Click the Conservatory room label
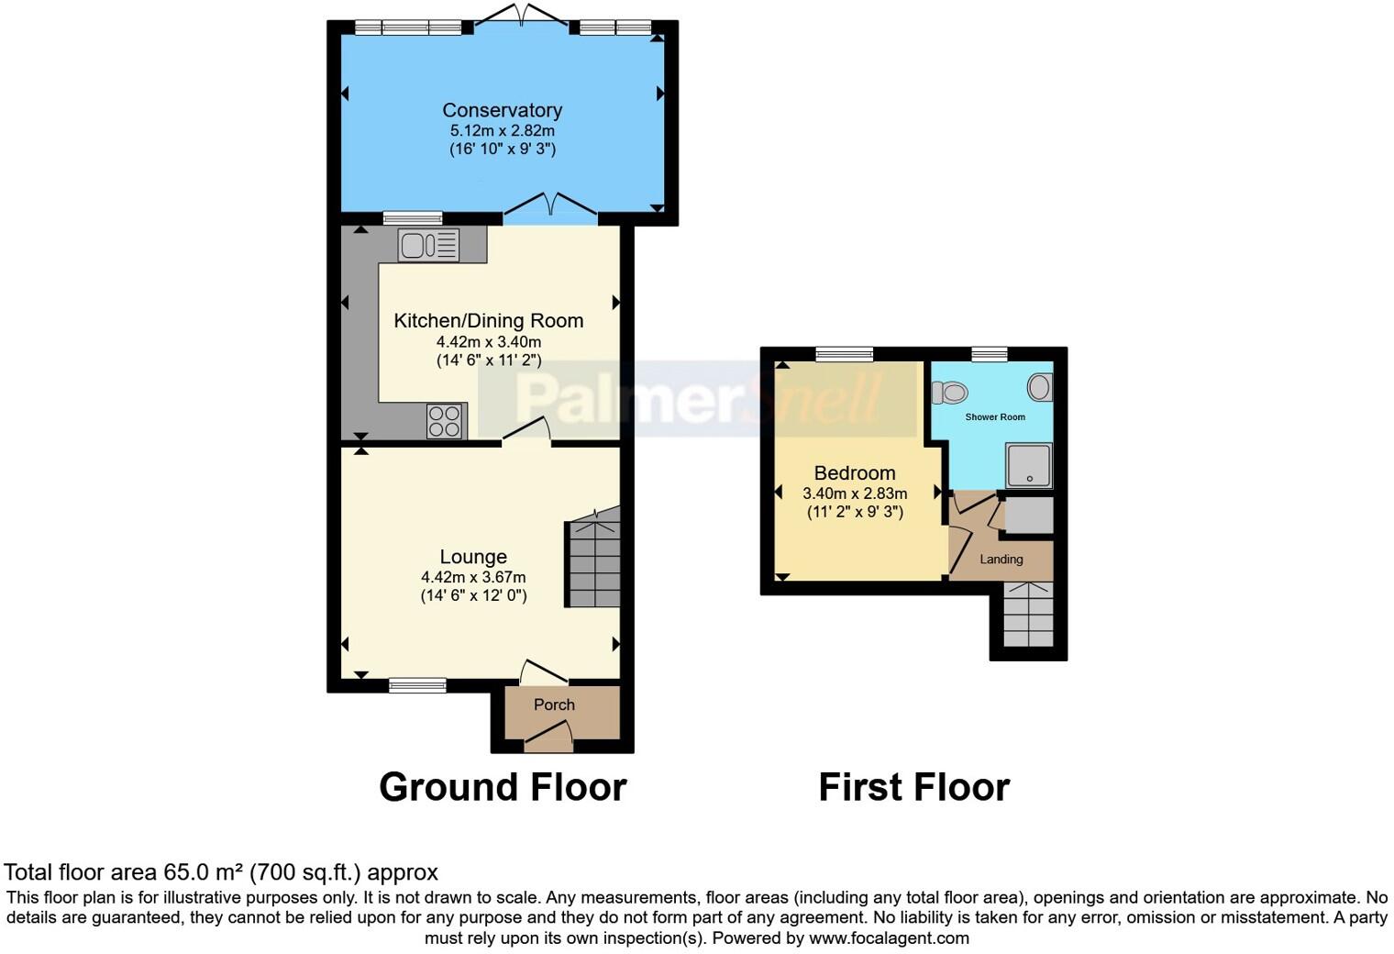point(502,110)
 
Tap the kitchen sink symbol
point(428,245)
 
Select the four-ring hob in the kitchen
point(445,421)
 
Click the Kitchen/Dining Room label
point(488,320)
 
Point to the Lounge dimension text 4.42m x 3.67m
point(473,577)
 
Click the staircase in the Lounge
point(593,562)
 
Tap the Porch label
point(554,704)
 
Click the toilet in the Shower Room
point(950,393)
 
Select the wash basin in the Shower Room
point(1039,387)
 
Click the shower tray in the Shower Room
point(1029,465)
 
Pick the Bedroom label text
point(855,473)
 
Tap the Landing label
point(1001,560)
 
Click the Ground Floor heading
point(503,787)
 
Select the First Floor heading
point(913,787)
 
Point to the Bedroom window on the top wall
point(845,354)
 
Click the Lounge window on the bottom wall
point(417,685)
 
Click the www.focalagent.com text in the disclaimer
point(889,937)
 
